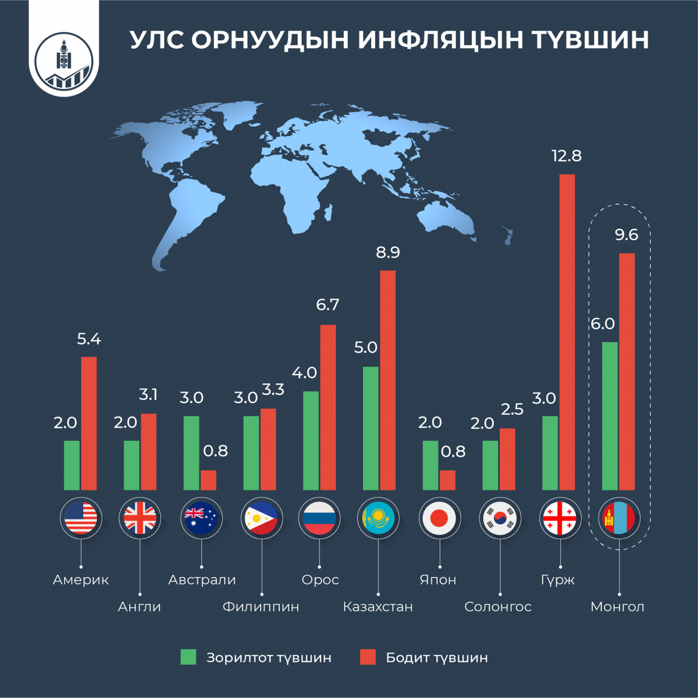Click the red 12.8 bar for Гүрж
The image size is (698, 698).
[567, 332]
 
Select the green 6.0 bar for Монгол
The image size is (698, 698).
[610, 416]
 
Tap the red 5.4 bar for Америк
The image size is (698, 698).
[89, 423]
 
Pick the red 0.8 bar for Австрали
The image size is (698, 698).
[208, 480]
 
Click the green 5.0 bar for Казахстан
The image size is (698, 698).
[371, 428]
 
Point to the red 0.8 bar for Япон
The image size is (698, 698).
[447, 480]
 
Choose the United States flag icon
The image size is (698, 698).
[81, 518]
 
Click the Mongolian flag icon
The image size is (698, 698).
[618, 518]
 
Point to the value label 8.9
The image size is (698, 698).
[388, 252]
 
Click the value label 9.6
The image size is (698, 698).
[626, 235]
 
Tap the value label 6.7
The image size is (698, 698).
[327, 305]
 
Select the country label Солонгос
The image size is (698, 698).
[498, 607]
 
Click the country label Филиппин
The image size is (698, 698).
[261, 607]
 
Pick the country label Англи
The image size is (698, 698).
[139, 607]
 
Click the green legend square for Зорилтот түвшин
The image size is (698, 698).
[188, 657]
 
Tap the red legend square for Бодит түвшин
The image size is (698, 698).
[368, 657]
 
